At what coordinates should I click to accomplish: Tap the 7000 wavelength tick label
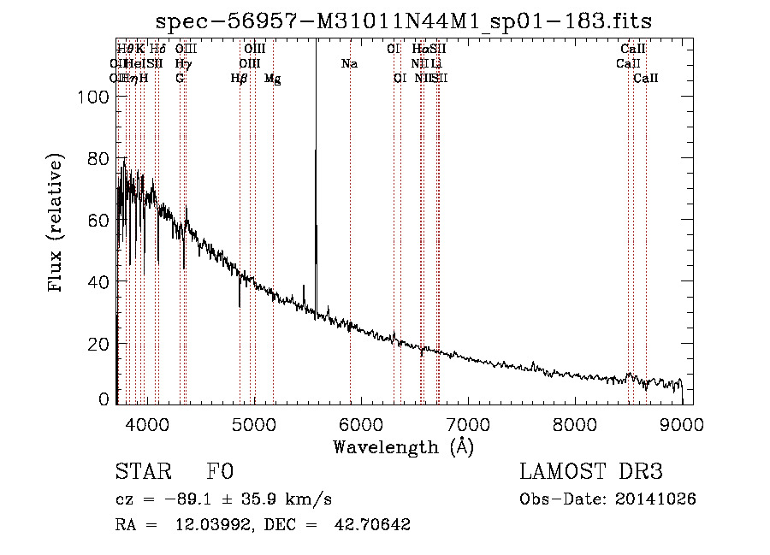pyautogui.click(x=468, y=422)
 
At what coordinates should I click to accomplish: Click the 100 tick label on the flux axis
pyautogui.click(x=95, y=97)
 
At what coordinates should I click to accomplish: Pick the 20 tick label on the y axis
pyautogui.click(x=100, y=344)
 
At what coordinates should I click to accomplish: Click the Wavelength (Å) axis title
pyautogui.click(x=403, y=446)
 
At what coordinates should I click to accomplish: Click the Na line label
pyautogui.click(x=349, y=64)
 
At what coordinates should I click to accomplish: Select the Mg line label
pyautogui.click(x=273, y=79)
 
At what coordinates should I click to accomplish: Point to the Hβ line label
pyautogui.click(x=240, y=79)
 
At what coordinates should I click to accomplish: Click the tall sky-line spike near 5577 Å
pyautogui.click(x=316, y=154)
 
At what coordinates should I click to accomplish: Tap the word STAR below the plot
pyautogui.click(x=142, y=472)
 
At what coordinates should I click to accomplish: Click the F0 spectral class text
pyautogui.click(x=219, y=472)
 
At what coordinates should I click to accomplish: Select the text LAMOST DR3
pyautogui.click(x=591, y=472)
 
